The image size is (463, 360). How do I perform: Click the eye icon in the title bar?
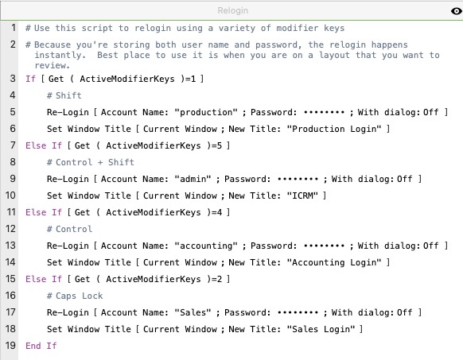click(x=457, y=11)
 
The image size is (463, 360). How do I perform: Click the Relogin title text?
click(x=232, y=10)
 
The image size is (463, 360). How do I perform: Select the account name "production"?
click(x=206, y=112)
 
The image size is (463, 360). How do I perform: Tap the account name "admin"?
click(x=193, y=179)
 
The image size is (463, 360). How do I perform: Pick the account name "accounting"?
click(x=206, y=246)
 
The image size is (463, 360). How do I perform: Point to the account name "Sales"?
click(x=193, y=313)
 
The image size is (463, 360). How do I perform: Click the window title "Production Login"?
click(x=334, y=130)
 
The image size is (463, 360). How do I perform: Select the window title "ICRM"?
click(x=302, y=195)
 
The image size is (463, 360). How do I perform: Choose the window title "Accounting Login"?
click(x=334, y=262)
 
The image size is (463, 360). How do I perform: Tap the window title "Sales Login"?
click(x=321, y=329)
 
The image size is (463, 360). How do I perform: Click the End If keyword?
click(x=41, y=346)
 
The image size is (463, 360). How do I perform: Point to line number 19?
click(x=10, y=345)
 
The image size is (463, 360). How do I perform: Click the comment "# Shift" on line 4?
click(x=64, y=95)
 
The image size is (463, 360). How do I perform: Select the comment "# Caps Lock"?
click(x=75, y=296)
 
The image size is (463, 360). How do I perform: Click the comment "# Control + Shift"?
click(x=91, y=162)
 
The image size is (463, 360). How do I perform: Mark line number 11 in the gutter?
click(x=10, y=212)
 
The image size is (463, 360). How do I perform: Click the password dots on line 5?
click(x=324, y=112)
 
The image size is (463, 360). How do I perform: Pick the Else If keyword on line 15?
click(x=44, y=279)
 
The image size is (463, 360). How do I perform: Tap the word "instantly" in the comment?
click(x=58, y=55)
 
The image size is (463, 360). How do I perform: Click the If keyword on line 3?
click(x=31, y=79)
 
